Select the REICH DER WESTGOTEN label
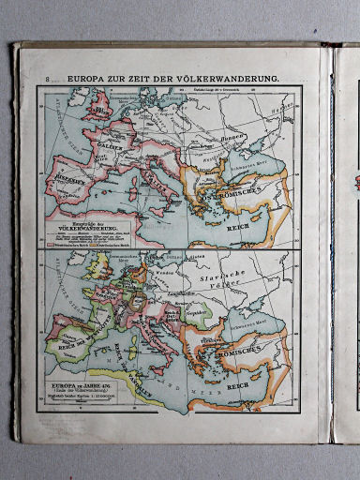pos(80,330)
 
